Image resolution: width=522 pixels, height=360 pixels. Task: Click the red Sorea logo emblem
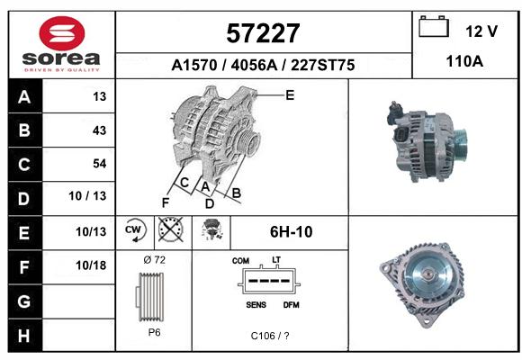click(62, 33)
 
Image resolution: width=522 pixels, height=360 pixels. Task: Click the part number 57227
click(263, 33)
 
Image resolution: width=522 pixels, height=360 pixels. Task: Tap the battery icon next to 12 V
click(434, 26)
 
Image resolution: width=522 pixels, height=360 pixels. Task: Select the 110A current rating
click(464, 61)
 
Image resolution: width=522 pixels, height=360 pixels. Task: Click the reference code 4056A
click(254, 66)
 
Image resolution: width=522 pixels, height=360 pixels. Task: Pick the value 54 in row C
click(100, 164)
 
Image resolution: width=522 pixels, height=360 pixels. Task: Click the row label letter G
click(24, 301)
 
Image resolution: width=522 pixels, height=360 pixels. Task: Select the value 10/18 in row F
click(91, 265)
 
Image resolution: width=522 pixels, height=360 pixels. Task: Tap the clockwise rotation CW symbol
click(135, 230)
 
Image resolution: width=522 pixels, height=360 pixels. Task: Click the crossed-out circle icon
click(171, 229)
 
